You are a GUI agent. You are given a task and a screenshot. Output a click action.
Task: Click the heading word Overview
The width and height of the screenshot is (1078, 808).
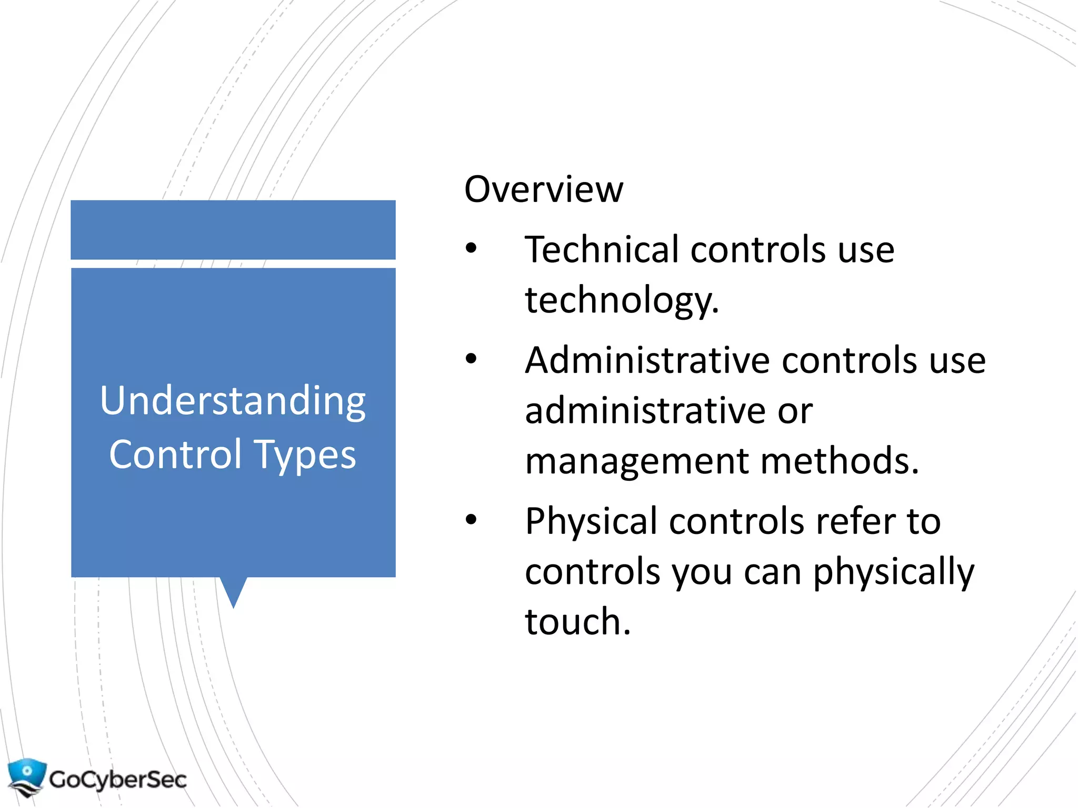(x=543, y=189)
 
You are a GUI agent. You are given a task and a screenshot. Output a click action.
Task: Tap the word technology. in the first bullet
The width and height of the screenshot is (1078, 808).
(x=622, y=300)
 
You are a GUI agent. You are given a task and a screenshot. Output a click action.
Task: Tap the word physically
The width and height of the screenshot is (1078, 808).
(x=893, y=572)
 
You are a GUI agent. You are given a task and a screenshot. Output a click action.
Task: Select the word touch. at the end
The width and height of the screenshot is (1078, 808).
(x=577, y=622)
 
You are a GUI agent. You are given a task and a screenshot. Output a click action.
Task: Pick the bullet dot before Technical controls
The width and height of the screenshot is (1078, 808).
(x=471, y=248)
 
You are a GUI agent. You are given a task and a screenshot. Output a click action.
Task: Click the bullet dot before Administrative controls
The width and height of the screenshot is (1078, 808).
(x=471, y=359)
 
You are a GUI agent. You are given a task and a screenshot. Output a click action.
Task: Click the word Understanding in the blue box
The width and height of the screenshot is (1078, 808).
(x=233, y=401)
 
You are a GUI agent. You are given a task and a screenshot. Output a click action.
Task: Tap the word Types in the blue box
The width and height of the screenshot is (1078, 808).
(x=305, y=455)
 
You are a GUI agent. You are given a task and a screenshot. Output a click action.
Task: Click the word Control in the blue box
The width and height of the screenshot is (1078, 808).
(x=175, y=454)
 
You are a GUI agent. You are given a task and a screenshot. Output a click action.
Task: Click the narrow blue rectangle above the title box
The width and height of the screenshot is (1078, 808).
(x=233, y=230)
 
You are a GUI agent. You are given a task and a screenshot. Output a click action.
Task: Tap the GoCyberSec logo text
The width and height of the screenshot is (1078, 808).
(x=118, y=780)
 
